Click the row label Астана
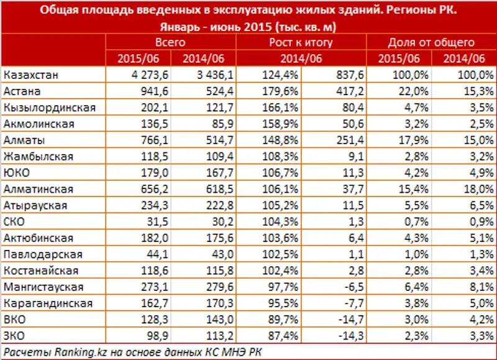(x=22, y=91)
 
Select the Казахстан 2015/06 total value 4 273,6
(x=133, y=75)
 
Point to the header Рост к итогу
(x=301, y=42)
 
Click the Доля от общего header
(x=431, y=42)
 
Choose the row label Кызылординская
(x=50, y=108)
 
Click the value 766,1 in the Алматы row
(x=139, y=140)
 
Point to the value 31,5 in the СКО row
(x=142, y=221)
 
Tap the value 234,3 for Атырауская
(x=139, y=205)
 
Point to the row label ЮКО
(x=17, y=173)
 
